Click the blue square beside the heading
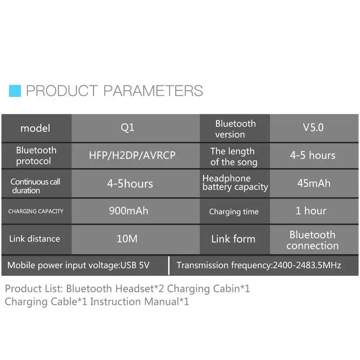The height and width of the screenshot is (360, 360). tap(15, 91)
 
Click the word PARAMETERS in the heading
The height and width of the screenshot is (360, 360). tap(153, 91)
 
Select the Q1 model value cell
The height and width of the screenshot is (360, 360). tap(135, 128)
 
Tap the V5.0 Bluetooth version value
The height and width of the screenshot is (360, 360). tap(313, 128)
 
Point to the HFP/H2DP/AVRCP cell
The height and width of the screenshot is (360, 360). tap(135, 155)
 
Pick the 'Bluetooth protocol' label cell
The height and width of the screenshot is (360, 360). tap(36, 155)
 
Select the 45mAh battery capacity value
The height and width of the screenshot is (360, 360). tap(314, 184)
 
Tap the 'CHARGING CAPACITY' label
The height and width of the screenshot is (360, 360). tap(36, 211)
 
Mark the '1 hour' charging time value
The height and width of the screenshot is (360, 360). tap(311, 211)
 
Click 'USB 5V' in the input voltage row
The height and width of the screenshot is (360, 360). tap(135, 265)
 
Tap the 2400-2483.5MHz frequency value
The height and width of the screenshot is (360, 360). tap(307, 265)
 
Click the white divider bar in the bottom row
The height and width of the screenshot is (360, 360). tap(169, 265)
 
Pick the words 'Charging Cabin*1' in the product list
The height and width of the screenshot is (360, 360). tap(208, 289)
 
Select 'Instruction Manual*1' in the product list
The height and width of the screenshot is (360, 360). tap(139, 301)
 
